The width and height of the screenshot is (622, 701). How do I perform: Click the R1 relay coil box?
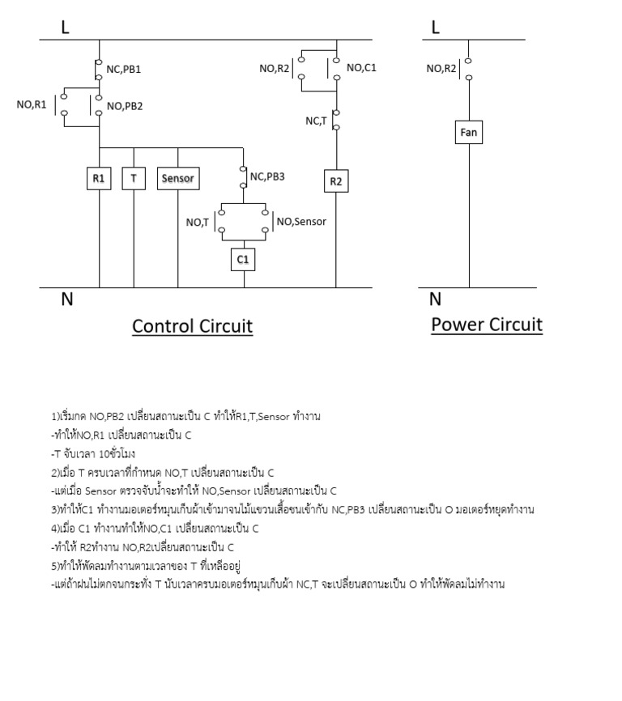click(99, 178)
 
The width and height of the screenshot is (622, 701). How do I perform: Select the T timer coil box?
click(134, 178)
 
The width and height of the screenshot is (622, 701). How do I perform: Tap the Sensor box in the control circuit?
click(177, 178)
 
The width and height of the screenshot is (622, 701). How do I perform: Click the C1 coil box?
click(243, 258)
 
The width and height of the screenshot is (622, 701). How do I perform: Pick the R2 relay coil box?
click(336, 181)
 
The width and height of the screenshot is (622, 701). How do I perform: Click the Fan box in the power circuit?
click(469, 131)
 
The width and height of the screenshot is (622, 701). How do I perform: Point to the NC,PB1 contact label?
click(124, 70)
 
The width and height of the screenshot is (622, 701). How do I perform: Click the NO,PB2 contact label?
click(125, 106)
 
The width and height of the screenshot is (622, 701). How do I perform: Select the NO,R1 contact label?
click(32, 104)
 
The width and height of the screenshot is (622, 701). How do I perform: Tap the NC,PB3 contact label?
click(267, 176)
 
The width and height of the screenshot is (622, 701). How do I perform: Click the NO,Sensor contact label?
click(301, 221)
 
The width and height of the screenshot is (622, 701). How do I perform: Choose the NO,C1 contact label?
click(361, 68)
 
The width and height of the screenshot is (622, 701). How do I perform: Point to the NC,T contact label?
click(316, 121)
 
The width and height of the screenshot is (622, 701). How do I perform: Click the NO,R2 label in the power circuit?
click(441, 68)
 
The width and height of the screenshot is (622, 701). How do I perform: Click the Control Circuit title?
click(192, 326)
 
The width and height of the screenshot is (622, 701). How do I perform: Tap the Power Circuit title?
click(486, 325)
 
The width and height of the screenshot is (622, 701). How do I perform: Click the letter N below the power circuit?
click(436, 300)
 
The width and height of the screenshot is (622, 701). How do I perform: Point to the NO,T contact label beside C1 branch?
click(198, 222)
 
